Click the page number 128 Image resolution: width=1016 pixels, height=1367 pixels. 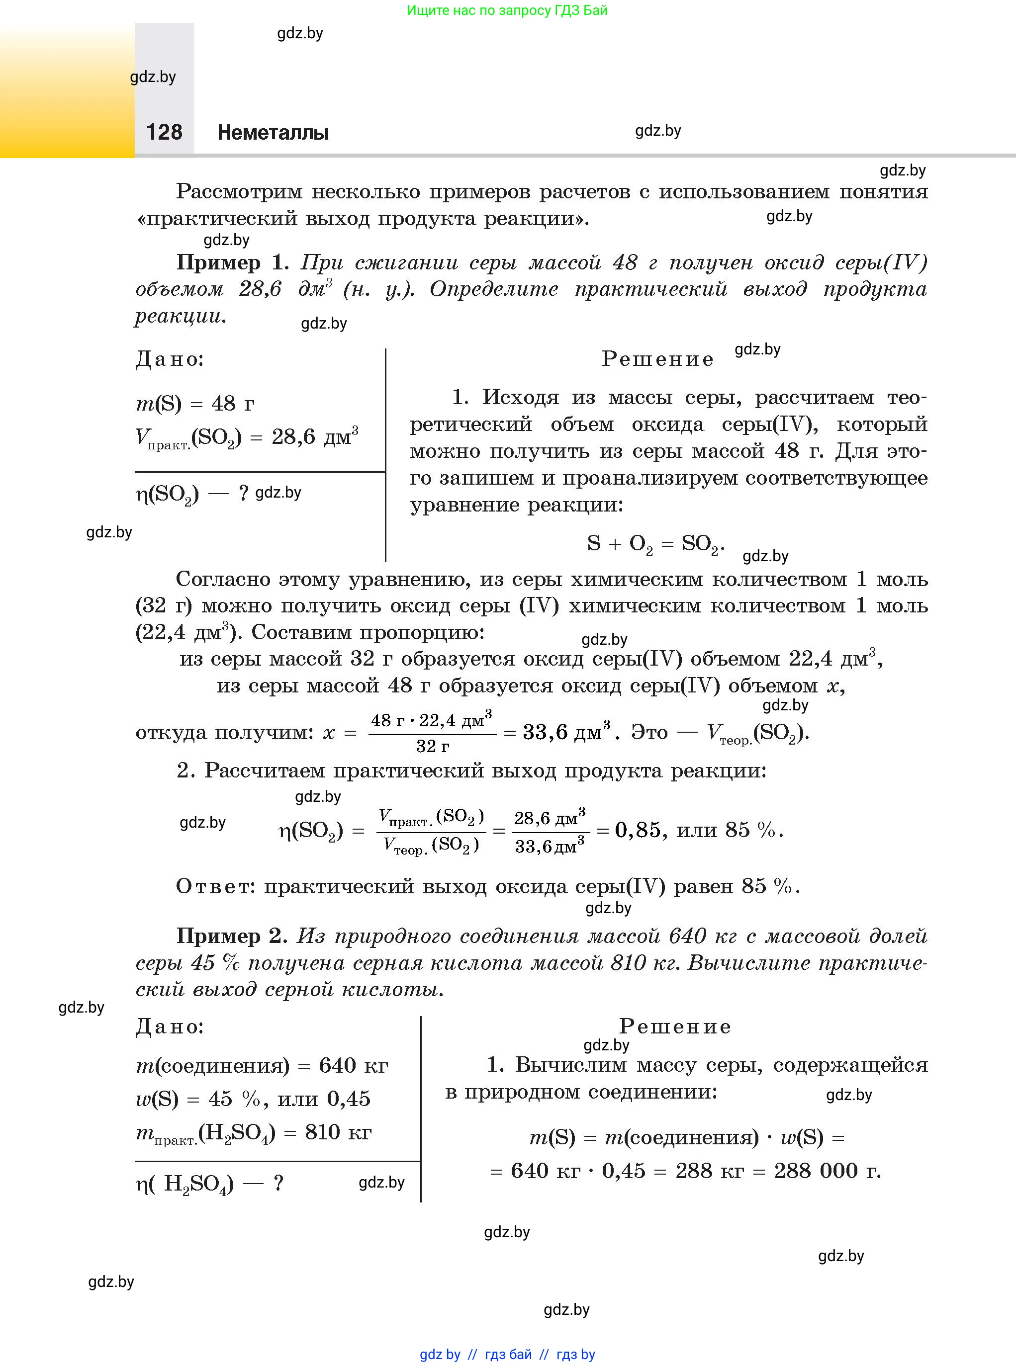tap(164, 132)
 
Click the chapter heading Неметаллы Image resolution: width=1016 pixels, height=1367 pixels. tap(273, 133)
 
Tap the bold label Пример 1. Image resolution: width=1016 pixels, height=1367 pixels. tap(232, 262)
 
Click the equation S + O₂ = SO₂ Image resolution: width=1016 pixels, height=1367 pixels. tap(655, 544)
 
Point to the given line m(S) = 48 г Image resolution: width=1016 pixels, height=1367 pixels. tap(195, 404)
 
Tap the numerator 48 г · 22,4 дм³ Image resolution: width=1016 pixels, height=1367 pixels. tap(431, 720)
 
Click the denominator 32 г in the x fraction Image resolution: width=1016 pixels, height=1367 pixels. tap(432, 746)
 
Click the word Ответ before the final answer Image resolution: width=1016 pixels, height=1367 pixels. tap(215, 886)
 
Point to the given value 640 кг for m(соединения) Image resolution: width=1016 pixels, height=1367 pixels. tap(353, 1065)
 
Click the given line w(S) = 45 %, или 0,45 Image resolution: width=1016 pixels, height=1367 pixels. tap(253, 1099)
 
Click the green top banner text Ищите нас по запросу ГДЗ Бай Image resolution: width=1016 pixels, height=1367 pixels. tap(507, 10)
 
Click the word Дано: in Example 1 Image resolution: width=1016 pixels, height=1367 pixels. tap(170, 359)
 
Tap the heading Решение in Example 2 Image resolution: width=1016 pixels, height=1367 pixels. tap(675, 1026)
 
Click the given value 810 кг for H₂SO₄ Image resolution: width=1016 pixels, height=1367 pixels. tap(338, 1131)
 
